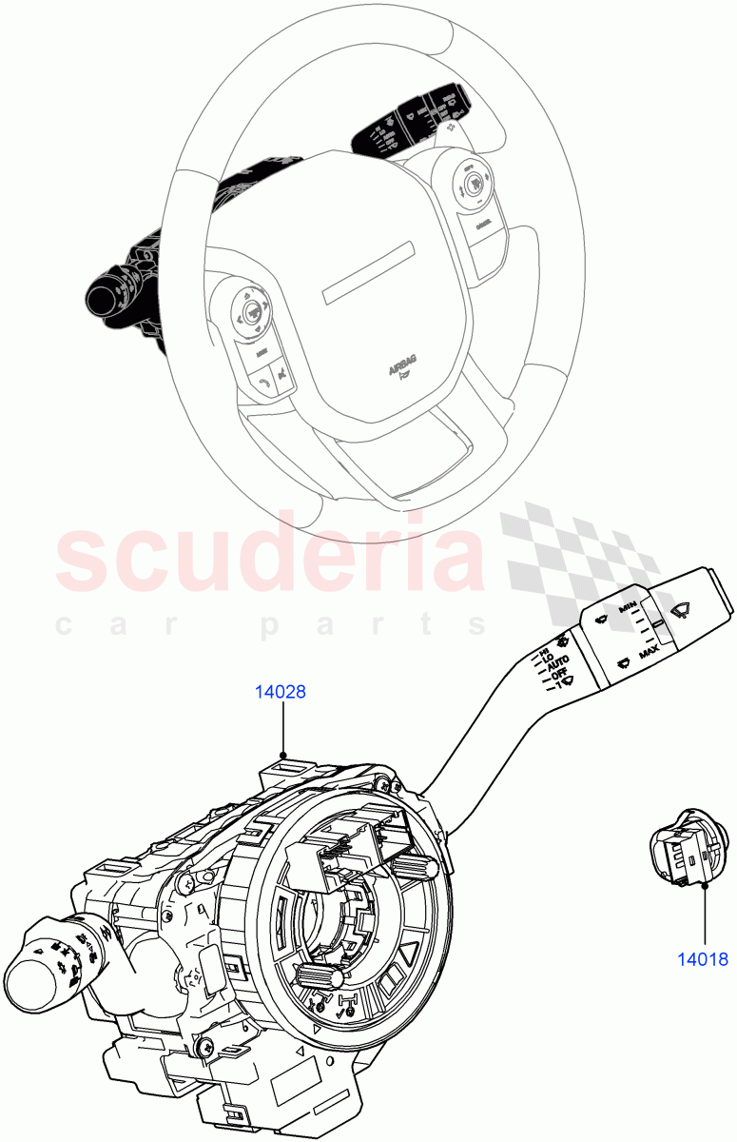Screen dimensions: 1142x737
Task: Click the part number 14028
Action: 280,692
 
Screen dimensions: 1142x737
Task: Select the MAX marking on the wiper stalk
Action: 650,654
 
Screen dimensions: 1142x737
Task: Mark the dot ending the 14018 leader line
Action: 705,885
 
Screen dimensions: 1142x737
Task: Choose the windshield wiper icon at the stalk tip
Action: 682,611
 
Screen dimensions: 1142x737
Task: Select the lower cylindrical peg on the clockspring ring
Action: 320,976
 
